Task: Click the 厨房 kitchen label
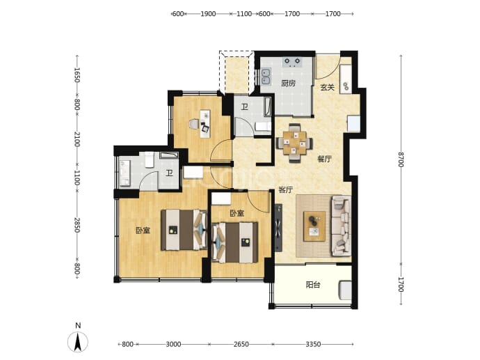[289, 83]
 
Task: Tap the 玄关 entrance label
[327, 87]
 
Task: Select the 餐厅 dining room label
[324, 159]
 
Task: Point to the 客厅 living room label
[285, 189]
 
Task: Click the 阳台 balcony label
[313, 285]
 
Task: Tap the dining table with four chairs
[294, 143]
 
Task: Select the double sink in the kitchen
[266, 77]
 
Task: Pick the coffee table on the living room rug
[314, 226]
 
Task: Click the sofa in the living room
[341, 226]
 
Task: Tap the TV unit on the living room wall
[278, 228]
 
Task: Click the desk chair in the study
[194, 125]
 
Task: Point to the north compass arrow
[78, 341]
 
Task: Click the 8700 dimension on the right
[401, 159]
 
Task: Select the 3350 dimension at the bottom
[313, 345]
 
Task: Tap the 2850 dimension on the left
[77, 225]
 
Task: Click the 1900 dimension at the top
[208, 14]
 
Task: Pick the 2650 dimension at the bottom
[241, 345]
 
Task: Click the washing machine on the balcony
[345, 290]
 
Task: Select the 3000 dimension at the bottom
[173, 345]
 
